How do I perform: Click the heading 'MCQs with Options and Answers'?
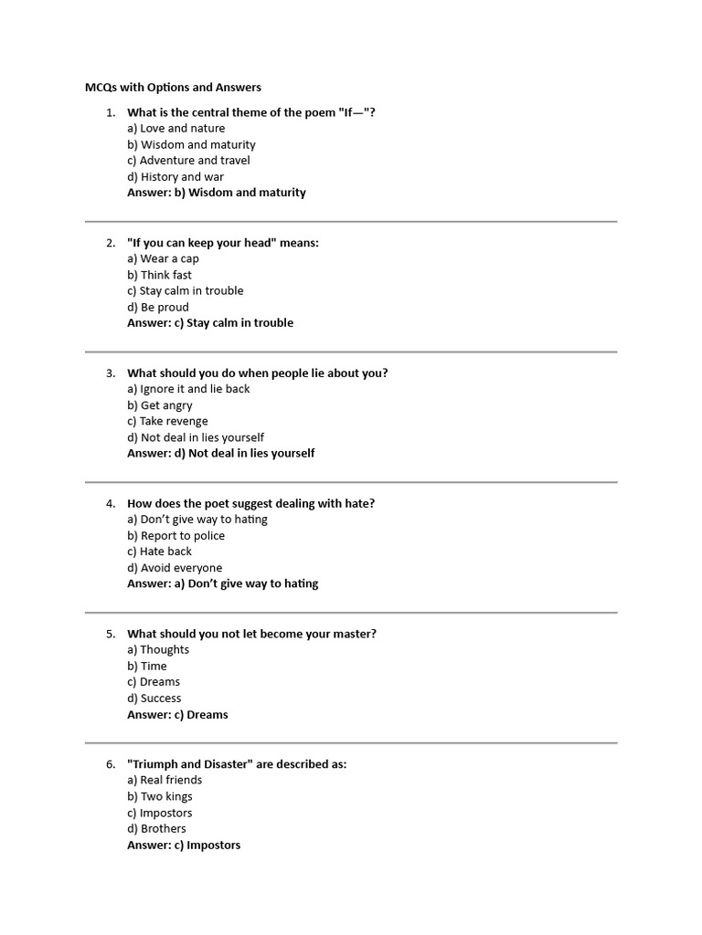tap(173, 88)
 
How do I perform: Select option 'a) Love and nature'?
tap(175, 129)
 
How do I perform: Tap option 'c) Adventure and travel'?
tap(188, 161)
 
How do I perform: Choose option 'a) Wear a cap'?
tap(163, 258)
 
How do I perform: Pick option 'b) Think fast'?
tap(159, 275)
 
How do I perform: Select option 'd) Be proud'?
tap(158, 307)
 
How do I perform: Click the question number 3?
tap(110, 373)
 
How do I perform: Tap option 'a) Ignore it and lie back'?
tap(188, 389)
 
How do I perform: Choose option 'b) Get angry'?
tap(160, 405)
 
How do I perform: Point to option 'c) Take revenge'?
tap(167, 421)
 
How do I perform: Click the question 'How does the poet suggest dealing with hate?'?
tap(250, 503)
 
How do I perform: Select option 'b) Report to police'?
tap(175, 536)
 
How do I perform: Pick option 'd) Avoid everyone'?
tap(175, 568)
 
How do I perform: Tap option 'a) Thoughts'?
tap(158, 650)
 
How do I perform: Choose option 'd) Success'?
tap(154, 699)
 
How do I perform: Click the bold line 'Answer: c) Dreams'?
tap(177, 715)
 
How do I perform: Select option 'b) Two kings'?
tap(160, 796)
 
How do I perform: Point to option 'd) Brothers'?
tap(156, 829)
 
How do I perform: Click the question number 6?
tap(110, 764)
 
